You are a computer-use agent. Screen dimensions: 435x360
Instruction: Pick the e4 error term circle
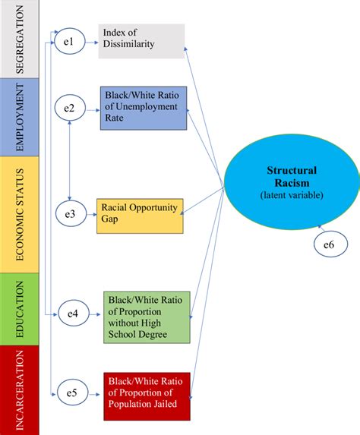[74, 313]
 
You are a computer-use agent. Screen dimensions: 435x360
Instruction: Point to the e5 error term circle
[72, 392]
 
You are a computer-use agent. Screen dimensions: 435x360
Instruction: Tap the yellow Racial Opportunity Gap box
[140, 215]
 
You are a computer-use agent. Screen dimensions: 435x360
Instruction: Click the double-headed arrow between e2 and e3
[70, 162]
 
